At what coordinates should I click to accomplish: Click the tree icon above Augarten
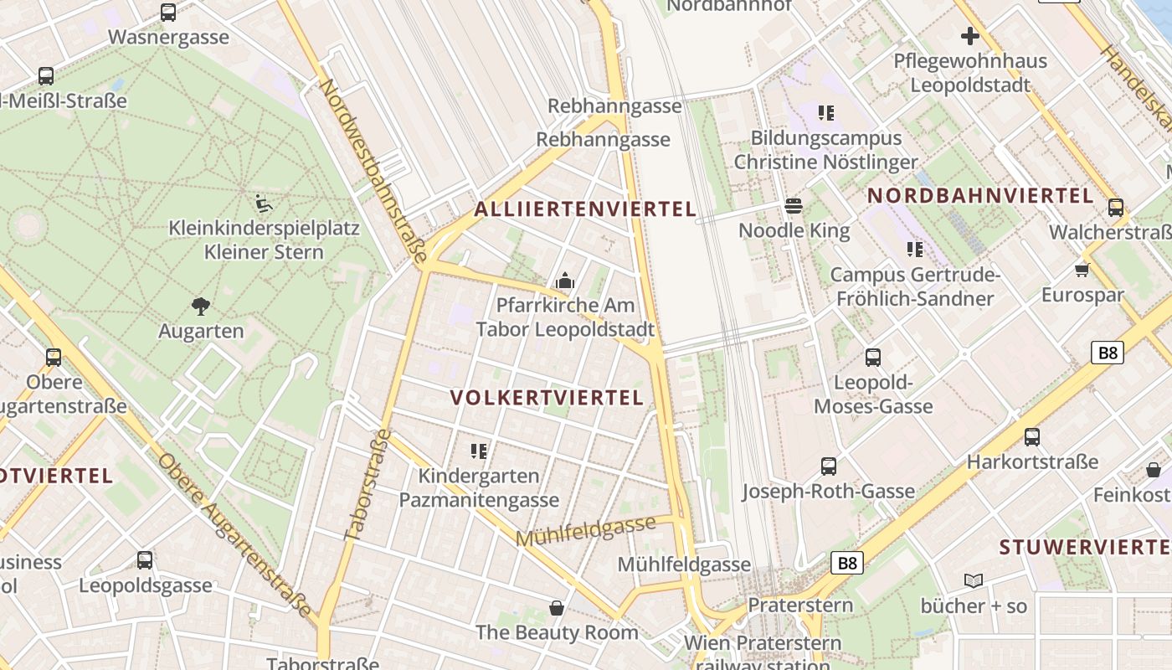[x=201, y=306]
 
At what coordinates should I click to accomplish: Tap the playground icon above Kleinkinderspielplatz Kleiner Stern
[x=263, y=203]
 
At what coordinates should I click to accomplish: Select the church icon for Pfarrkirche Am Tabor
[x=565, y=281]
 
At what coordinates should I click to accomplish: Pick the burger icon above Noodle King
[x=794, y=206]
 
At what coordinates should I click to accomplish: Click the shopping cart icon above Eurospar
[x=1082, y=270]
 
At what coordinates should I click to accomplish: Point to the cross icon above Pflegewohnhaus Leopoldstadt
[x=969, y=36]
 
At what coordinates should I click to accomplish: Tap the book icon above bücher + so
[x=973, y=580]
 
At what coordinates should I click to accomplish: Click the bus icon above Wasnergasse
[x=168, y=13]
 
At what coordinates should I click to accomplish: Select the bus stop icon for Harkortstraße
[x=1032, y=436]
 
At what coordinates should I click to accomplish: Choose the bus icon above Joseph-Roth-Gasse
[x=829, y=466]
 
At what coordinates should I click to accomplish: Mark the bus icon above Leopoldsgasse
[x=145, y=559]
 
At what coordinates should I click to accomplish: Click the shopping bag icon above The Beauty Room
[x=557, y=607]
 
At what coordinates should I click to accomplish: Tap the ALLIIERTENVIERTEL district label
[x=585, y=209]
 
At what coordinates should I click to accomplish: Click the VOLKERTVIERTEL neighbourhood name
[x=547, y=397]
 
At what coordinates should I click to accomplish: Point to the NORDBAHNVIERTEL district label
[x=980, y=196]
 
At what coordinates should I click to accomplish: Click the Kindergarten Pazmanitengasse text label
[x=479, y=488]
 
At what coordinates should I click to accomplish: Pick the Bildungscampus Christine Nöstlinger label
[x=825, y=150]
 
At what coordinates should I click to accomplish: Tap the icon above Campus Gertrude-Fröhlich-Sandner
[x=914, y=250]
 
